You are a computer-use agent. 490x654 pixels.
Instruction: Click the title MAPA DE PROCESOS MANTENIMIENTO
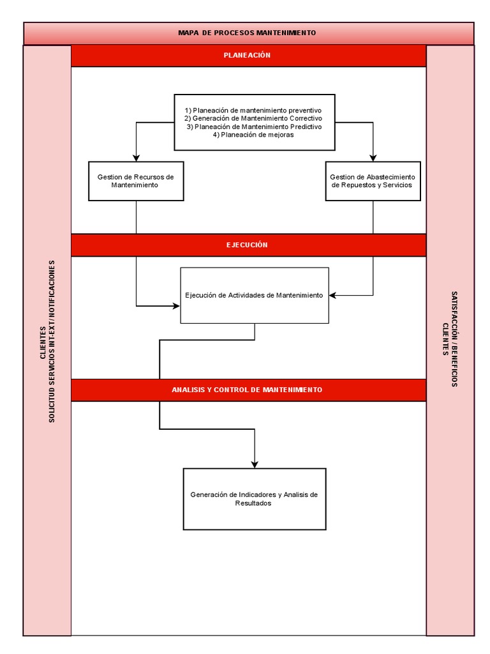[247, 33]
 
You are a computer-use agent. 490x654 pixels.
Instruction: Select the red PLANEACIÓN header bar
[248, 56]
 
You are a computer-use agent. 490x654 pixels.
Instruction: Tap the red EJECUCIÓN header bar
[248, 245]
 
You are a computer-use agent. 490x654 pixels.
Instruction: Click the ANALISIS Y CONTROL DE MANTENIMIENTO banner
[248, 390]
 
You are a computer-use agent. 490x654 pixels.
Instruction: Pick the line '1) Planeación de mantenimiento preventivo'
[253, 110]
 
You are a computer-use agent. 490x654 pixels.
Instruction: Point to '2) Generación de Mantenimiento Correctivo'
[253, 118]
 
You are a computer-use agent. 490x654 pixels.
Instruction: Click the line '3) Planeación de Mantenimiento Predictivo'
[253, 126]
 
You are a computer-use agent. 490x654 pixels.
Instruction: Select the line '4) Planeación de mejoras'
[253, 135]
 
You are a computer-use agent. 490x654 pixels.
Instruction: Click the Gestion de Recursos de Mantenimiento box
[135, 181]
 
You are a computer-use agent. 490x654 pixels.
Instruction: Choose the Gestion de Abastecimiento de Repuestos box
[373, 181]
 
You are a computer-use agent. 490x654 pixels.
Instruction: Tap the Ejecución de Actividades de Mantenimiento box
[255, 295]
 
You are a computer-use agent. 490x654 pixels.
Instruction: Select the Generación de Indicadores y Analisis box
[254, 499]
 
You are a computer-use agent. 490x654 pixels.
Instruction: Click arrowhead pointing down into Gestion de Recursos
[135, 157]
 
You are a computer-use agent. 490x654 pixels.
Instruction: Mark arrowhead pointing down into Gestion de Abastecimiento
[373, 157]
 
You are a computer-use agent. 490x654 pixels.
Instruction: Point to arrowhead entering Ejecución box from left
[176, 306]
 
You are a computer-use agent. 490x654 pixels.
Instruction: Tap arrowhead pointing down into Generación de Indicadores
[255, 464]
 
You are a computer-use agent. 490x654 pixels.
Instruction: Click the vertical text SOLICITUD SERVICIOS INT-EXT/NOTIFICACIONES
[52, 340]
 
